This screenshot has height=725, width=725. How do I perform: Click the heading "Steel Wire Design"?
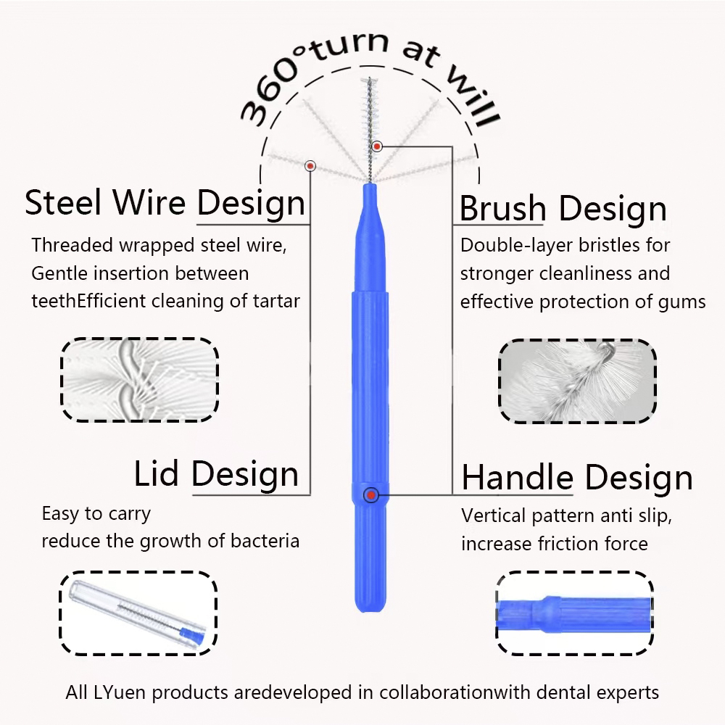pos(165,203)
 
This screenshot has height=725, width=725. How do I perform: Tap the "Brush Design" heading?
pos(563,208)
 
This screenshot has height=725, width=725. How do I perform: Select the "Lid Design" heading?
pos(216,473)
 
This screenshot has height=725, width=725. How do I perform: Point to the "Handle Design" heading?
pos(577,478)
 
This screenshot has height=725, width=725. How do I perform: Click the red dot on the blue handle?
pos(370,495)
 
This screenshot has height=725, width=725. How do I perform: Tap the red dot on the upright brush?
pos(377,146)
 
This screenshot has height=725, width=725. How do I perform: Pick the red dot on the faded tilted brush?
pos(310,165)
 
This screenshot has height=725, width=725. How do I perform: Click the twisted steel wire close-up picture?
pos(140,380)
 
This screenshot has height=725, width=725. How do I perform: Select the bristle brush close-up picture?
pos(578,381)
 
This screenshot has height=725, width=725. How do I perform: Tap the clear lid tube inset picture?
pos(138,613)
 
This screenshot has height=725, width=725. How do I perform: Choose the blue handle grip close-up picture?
pos(575,613)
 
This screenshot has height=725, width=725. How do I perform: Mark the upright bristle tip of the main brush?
pos(370,80)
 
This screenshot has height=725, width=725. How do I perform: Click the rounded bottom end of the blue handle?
pos(370,610)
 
